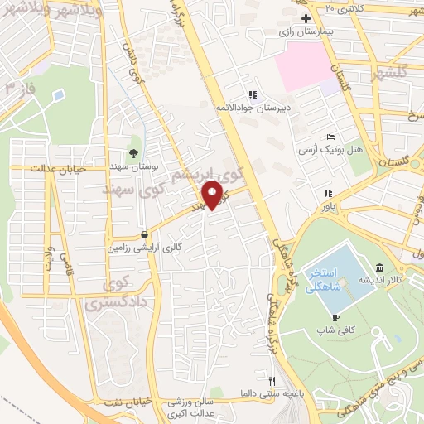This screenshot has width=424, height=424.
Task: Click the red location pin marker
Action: pyautogui.click(x=212, y=195)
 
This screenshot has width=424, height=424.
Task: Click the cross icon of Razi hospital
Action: pyautogui.click(x=306, y=18)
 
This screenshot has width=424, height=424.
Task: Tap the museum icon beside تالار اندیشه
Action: pyautogui.click(x=379, y=267)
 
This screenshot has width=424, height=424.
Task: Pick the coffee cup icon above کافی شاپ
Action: pyautogui.click(x=335, y=316)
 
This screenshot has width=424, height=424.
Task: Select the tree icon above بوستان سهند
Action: pyautogui.click(x=133, y=152)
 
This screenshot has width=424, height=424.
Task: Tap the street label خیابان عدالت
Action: pyautogui.click(x=57, y=169)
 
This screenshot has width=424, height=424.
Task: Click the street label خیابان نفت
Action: pyautogui.click(x=133, y=402)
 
